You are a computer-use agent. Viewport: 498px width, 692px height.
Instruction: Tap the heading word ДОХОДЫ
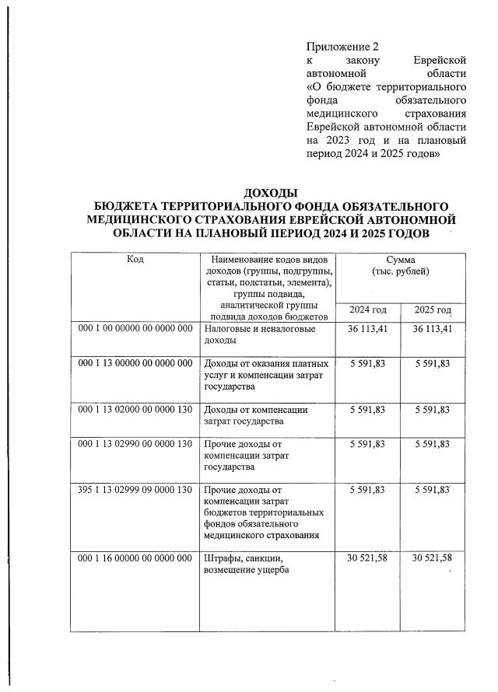click(271, 193)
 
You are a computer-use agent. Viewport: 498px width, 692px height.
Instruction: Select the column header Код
click(135, 259)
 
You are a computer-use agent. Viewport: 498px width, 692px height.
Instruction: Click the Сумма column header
click(400, 265)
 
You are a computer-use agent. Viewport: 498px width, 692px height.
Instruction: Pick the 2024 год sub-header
click(367, 310)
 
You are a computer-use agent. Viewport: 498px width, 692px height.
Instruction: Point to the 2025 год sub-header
click(433, 310)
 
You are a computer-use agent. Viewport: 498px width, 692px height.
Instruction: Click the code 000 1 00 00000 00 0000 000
click(135, 329)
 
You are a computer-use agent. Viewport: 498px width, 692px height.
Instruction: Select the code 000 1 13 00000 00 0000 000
click(135, 363)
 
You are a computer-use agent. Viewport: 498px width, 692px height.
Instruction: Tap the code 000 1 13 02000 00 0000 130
click(135, 409)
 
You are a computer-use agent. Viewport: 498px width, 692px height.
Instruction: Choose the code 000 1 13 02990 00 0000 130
click(135, 444)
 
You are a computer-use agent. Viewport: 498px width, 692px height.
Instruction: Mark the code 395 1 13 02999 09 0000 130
click(135, 490)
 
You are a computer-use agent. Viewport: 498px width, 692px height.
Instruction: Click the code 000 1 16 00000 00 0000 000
click(135, 559)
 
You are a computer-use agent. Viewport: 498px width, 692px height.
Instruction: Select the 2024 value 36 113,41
click(367, 329)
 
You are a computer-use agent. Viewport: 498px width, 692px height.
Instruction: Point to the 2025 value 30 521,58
click(433, 559)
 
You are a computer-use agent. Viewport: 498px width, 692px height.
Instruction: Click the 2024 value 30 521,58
click(367, 559)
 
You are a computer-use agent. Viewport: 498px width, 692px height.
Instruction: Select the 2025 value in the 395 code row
click(433, 490)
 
